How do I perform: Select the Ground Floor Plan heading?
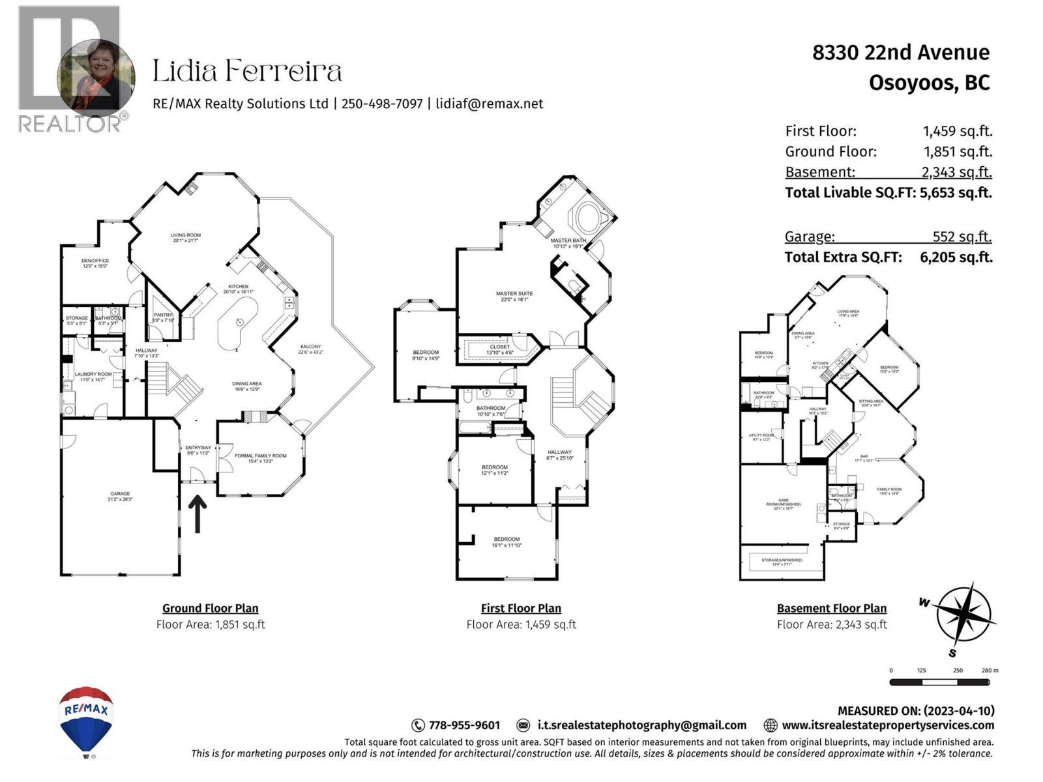click(x=210, y=608)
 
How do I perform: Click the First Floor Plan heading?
click(x=521, y=608)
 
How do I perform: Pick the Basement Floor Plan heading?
click(x=831, y=608)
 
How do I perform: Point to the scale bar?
click(x=939, y=682)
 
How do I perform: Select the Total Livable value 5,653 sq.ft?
click(x=956, y=193)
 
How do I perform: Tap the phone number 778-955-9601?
click(x=464, y=725)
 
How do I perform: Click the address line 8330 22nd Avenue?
click(x=900, y=53)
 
